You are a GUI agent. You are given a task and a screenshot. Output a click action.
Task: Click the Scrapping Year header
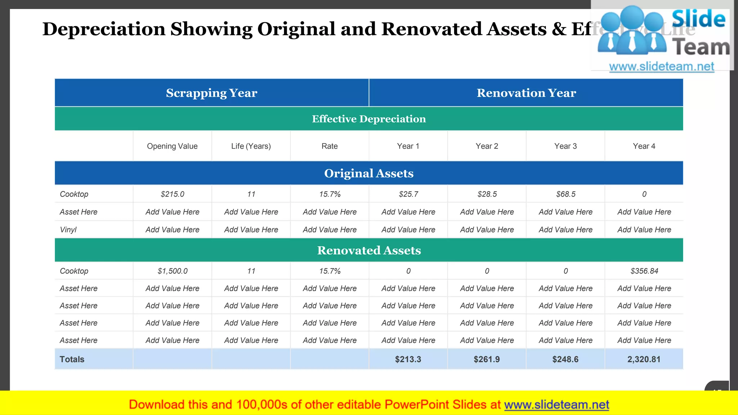[212, 93]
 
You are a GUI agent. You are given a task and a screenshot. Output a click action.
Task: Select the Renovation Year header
[526, 93]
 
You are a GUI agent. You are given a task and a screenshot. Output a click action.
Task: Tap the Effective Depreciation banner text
[369, 119]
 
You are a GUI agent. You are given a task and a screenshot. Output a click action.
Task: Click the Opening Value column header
[172, 146]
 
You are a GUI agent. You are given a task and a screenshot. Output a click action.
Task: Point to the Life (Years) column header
[251, 146]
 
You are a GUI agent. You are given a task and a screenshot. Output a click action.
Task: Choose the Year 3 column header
[565, 146]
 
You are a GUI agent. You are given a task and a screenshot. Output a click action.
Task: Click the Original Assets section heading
[369, 173]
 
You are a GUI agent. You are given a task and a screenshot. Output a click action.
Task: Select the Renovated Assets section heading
[369, 250]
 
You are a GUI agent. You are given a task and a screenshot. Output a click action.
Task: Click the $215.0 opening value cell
[172, 194]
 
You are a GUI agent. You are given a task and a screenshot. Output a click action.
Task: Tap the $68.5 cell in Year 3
[565, 194]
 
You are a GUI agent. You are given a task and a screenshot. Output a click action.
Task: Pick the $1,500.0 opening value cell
[172, 271]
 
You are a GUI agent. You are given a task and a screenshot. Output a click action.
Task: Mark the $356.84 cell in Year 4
[644, 271]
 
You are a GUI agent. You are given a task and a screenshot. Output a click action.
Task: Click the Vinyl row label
[68, 230]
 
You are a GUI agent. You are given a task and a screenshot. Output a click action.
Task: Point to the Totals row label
[72, 359]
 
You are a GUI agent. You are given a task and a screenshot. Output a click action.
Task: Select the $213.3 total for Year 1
[408, 359]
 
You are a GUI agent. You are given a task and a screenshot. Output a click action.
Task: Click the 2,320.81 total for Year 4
[644, 359]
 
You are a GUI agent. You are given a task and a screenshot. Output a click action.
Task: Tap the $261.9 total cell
[486, 359]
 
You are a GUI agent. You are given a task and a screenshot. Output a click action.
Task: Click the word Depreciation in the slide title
[104, 29]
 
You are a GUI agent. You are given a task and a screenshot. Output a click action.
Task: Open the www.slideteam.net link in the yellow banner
[556, 405]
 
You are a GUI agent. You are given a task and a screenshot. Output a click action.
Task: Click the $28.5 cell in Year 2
[487, 194]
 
